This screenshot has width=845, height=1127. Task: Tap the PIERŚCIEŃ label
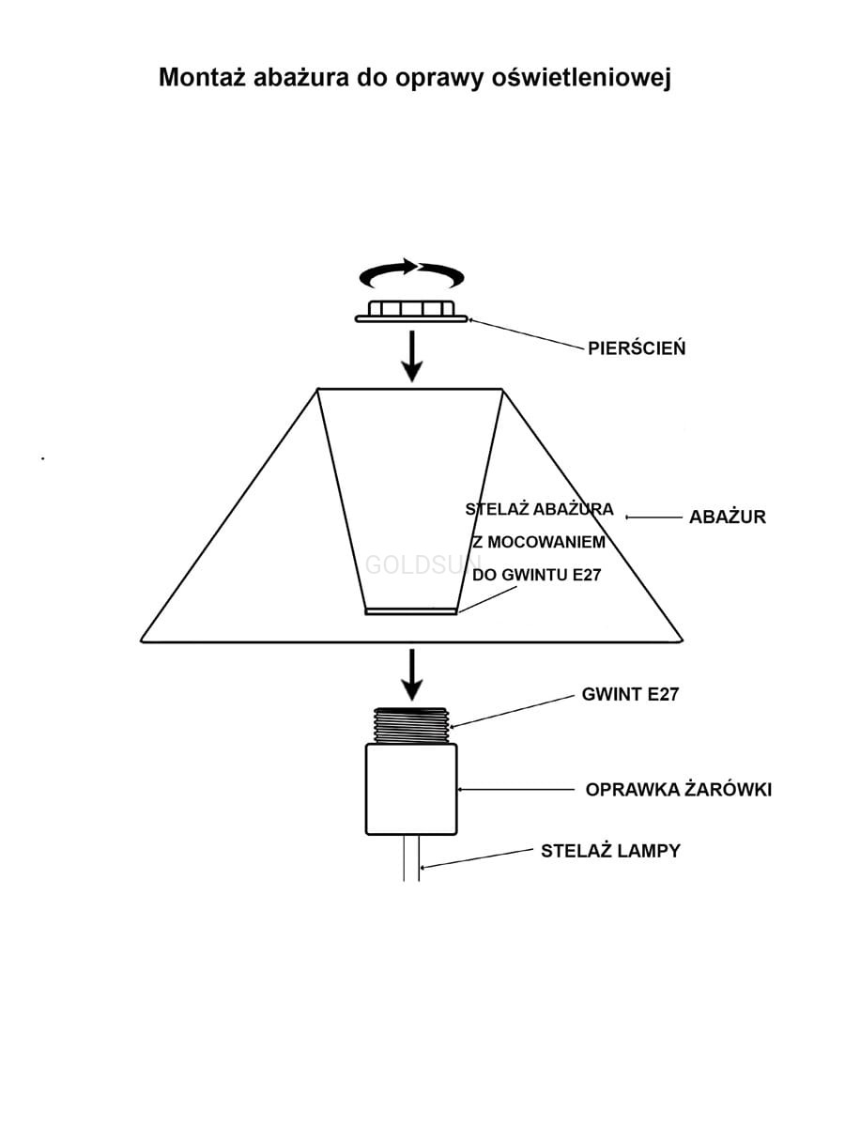(637, 348)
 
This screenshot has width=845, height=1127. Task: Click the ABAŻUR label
(727, 517)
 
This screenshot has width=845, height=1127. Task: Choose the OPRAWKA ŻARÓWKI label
(678, 790)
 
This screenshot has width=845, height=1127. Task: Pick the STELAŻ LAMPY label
(610, 852)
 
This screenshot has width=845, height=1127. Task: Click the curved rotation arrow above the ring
(412, 274)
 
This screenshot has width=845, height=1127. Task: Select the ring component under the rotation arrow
(411, 312)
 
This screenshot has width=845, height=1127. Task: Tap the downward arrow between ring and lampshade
(410, 358)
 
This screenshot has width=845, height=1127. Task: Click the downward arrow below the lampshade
(410, 672)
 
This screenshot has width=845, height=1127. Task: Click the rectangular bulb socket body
(411, 789)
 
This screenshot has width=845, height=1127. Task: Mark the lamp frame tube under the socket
(411, 858)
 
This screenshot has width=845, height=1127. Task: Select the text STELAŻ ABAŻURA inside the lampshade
(539, 510)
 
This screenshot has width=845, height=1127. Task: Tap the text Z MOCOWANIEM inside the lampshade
(538, 543)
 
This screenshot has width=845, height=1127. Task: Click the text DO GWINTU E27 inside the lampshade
(536, 575)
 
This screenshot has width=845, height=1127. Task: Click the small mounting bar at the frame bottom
(410, 611)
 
